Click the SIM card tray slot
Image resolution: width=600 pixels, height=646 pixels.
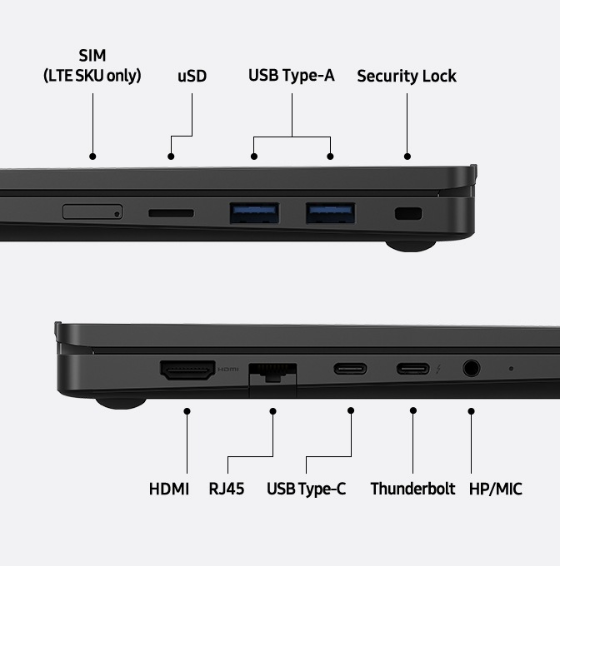pyautogui.click(x=92, y=211)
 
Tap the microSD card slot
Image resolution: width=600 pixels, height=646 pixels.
pyautogui.click(x=171, y=213)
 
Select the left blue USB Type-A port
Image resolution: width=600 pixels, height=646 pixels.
pyautogui.click(x=254, y=213)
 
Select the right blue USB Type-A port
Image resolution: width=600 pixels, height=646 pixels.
pyautogui.click(x=330, y=213)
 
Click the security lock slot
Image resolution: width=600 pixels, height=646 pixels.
pyautogui.click(x=408, y=213)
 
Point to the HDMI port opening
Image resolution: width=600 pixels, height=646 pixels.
pyautogui.click(x=187, y=370)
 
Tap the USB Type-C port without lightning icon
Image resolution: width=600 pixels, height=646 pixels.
pyautogui.click(x=351, y=368)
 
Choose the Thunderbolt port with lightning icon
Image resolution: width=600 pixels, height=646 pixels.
pyautogui.click(x=412, y=368)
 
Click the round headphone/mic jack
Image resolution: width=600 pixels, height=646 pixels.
pyautogui.click(x=472, y=368)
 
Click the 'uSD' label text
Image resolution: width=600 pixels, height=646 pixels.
pyautogui.click(x=192, y=77)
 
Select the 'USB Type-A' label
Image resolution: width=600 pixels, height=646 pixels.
pyautogui.click(x=292, y=76)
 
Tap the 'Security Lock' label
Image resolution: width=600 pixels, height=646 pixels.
pyautogui.click(x=407, y=77)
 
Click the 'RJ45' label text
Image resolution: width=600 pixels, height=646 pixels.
pyautogui.click(x=227, y=489)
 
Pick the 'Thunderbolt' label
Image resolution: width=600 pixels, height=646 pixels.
pyautogui.click(x=412, y=489)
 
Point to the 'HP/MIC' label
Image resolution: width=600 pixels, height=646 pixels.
pyautogui.click(x=496, y=489)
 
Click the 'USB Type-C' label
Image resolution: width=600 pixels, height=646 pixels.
pyautogui.click(x=307, y=489)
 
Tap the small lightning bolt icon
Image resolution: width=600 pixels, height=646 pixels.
pyautogui.click(x=438, y=369)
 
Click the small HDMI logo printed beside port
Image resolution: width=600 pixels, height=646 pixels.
pyautogui.click(x=228, y=369)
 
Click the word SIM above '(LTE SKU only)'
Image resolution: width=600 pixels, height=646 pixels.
pyautogui.click(x=92, y=56)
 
